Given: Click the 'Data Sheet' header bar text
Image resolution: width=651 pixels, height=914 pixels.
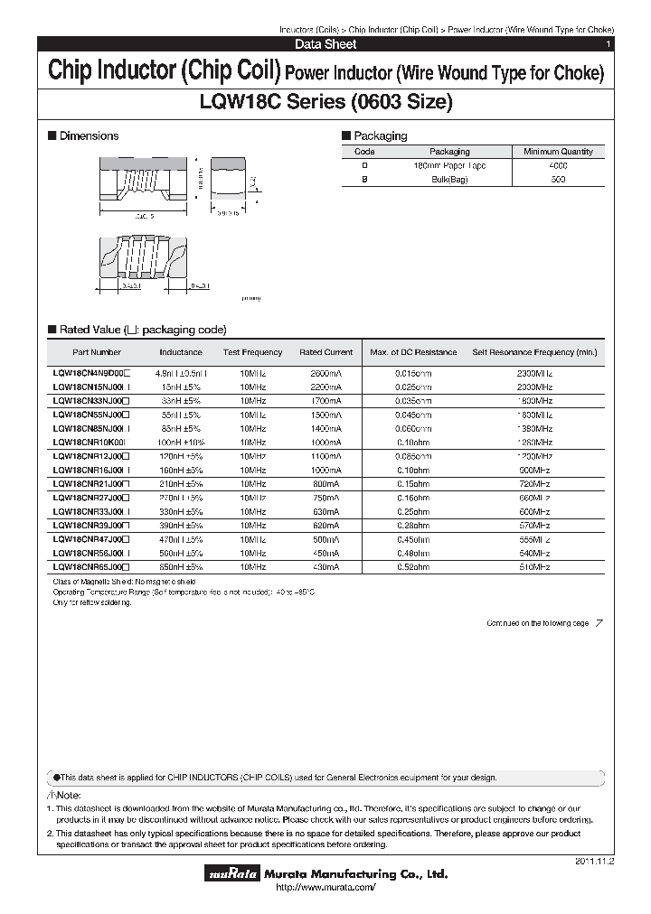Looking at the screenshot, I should [325, 44].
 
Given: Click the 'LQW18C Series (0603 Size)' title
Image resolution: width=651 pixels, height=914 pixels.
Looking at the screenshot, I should [325, 102].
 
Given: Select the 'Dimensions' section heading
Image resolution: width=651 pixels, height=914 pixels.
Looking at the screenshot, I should [88, 136].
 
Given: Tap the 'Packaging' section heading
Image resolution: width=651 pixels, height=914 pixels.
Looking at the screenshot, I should [379, 136].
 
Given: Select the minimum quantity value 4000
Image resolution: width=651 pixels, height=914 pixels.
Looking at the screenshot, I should [558, 166].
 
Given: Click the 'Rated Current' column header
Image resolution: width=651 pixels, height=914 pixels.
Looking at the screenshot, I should [325, 352].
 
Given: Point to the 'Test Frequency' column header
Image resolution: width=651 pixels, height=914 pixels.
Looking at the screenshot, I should [252, 352].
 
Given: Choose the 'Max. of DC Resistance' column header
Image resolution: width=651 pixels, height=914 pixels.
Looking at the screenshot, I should [413, 352].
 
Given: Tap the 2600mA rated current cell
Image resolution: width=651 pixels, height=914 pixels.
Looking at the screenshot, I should [325, 372].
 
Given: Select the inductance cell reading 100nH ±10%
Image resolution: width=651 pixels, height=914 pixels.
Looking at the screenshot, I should [181, 443].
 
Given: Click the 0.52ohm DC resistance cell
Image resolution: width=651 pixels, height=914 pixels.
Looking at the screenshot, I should [413, 566].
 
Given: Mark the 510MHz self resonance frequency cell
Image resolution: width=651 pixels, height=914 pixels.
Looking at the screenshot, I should [534, 566].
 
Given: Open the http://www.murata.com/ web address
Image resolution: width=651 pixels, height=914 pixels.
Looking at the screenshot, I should [325, 889].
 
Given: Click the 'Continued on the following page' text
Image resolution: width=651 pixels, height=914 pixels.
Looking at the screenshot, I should [537, 623].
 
